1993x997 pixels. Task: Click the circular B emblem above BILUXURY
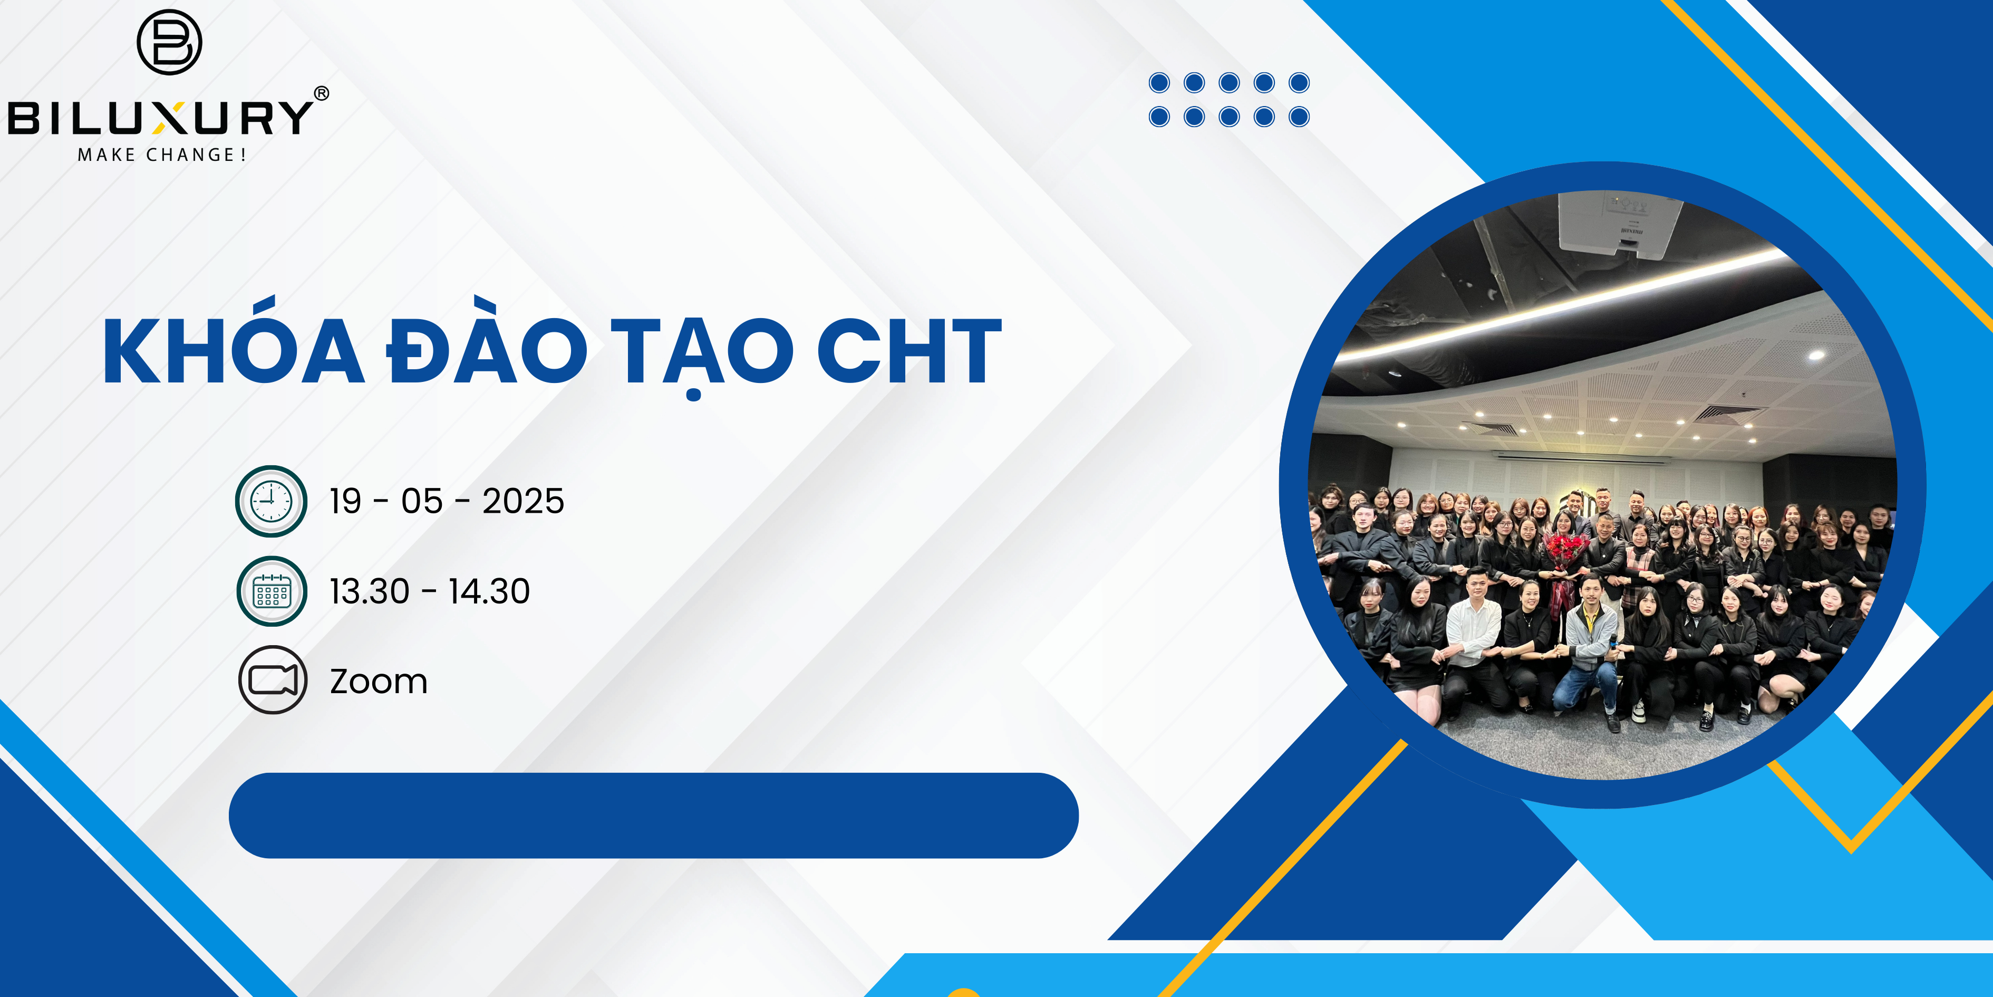[x=169, y=43]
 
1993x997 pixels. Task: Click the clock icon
[x=272, y=501]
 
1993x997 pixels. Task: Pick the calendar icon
[x=272, y=591]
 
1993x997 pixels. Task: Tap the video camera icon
[x=273, y=679]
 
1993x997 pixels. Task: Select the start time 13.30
[x=369, y=591]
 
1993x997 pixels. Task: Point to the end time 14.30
[x=489, y=591]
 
